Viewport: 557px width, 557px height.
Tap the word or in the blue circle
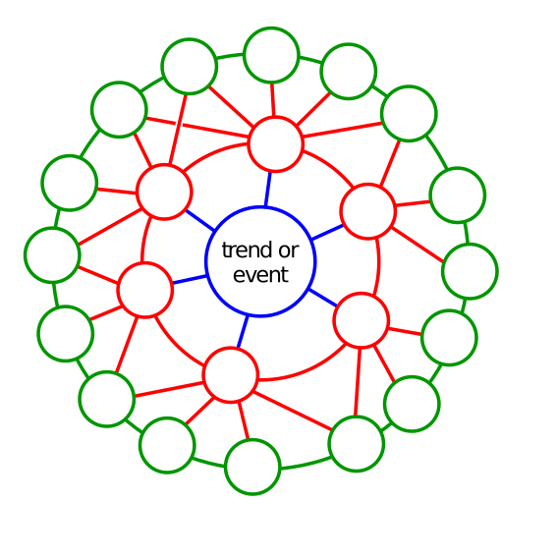click(x=289, y=251)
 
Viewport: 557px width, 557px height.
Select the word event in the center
click(x=260, y=275)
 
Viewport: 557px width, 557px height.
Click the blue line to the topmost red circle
click(x=268, y=190)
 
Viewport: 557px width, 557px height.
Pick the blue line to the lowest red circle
click(x=243, y=331)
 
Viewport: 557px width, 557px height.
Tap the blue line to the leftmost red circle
click(x=190, y=279)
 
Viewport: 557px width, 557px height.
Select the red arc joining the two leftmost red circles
click(x=144, y=239)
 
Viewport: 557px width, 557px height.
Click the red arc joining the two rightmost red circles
click(x=378, y=266)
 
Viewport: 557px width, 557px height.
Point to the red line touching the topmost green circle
click(x=273, y=100)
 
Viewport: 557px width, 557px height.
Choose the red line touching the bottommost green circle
click(x=244, y=420)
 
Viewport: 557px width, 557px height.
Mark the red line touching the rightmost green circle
click(x=418, y=245)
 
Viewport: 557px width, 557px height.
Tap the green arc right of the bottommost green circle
click(x=306, y=464)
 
